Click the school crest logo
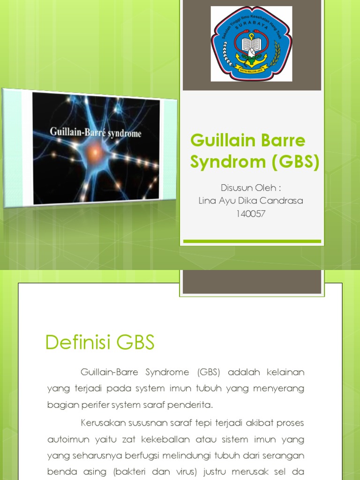[x=251, y=44]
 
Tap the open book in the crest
[x=251, y=45]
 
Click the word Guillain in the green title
[x=218, y=141]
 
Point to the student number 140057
[x=252, y=214]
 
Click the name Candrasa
[x=281, y=201]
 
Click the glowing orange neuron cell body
[x=96, y=151]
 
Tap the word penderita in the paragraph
[x=192, y=405]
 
